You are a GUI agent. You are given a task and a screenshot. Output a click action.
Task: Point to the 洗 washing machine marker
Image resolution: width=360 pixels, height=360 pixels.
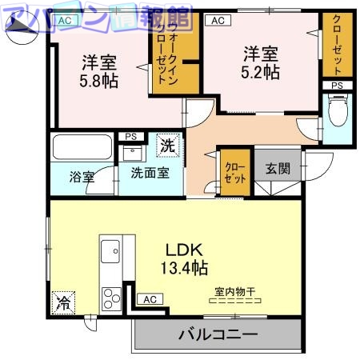pyautogui.click(x=168, y=145)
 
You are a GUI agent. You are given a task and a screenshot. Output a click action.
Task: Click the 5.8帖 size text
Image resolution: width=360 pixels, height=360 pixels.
pyautogui.click(x=99, y=80)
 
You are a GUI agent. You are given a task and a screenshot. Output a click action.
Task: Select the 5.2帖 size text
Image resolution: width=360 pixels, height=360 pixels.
pyautogui.click(x=261, y=71)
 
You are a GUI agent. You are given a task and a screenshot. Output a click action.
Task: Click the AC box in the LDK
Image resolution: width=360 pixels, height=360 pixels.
pyautogui.click(x=149, y=299)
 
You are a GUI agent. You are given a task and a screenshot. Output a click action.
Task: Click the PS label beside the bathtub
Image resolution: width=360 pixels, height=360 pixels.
pyautogui.click(x=130, y=137)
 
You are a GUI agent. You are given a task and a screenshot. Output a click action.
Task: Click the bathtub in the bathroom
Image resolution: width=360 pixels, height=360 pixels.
pyautogui.click(x=82, y=147)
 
